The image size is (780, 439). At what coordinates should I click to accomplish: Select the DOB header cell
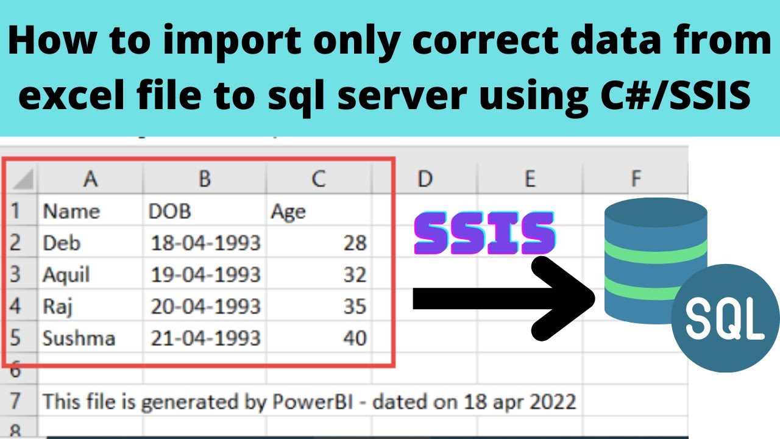click(170, 211)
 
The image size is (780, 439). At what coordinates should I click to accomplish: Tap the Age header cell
click(288, 211)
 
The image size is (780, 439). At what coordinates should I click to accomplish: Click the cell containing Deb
click(62, 243)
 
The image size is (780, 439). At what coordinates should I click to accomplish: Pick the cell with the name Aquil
click(66, 275)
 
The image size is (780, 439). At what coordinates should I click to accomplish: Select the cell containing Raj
click(58, 306)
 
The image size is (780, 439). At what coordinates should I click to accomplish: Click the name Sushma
click(79, 338)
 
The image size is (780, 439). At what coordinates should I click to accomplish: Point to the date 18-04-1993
click(205, 243)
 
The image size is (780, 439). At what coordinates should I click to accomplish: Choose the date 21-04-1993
click(205, 338)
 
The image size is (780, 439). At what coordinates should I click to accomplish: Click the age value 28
click(355, 243)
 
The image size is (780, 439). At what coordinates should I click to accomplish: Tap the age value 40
click(355, 338)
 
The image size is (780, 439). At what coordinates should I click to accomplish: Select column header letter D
click(425, 178)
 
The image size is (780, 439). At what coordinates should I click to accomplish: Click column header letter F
click(636, 178)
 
